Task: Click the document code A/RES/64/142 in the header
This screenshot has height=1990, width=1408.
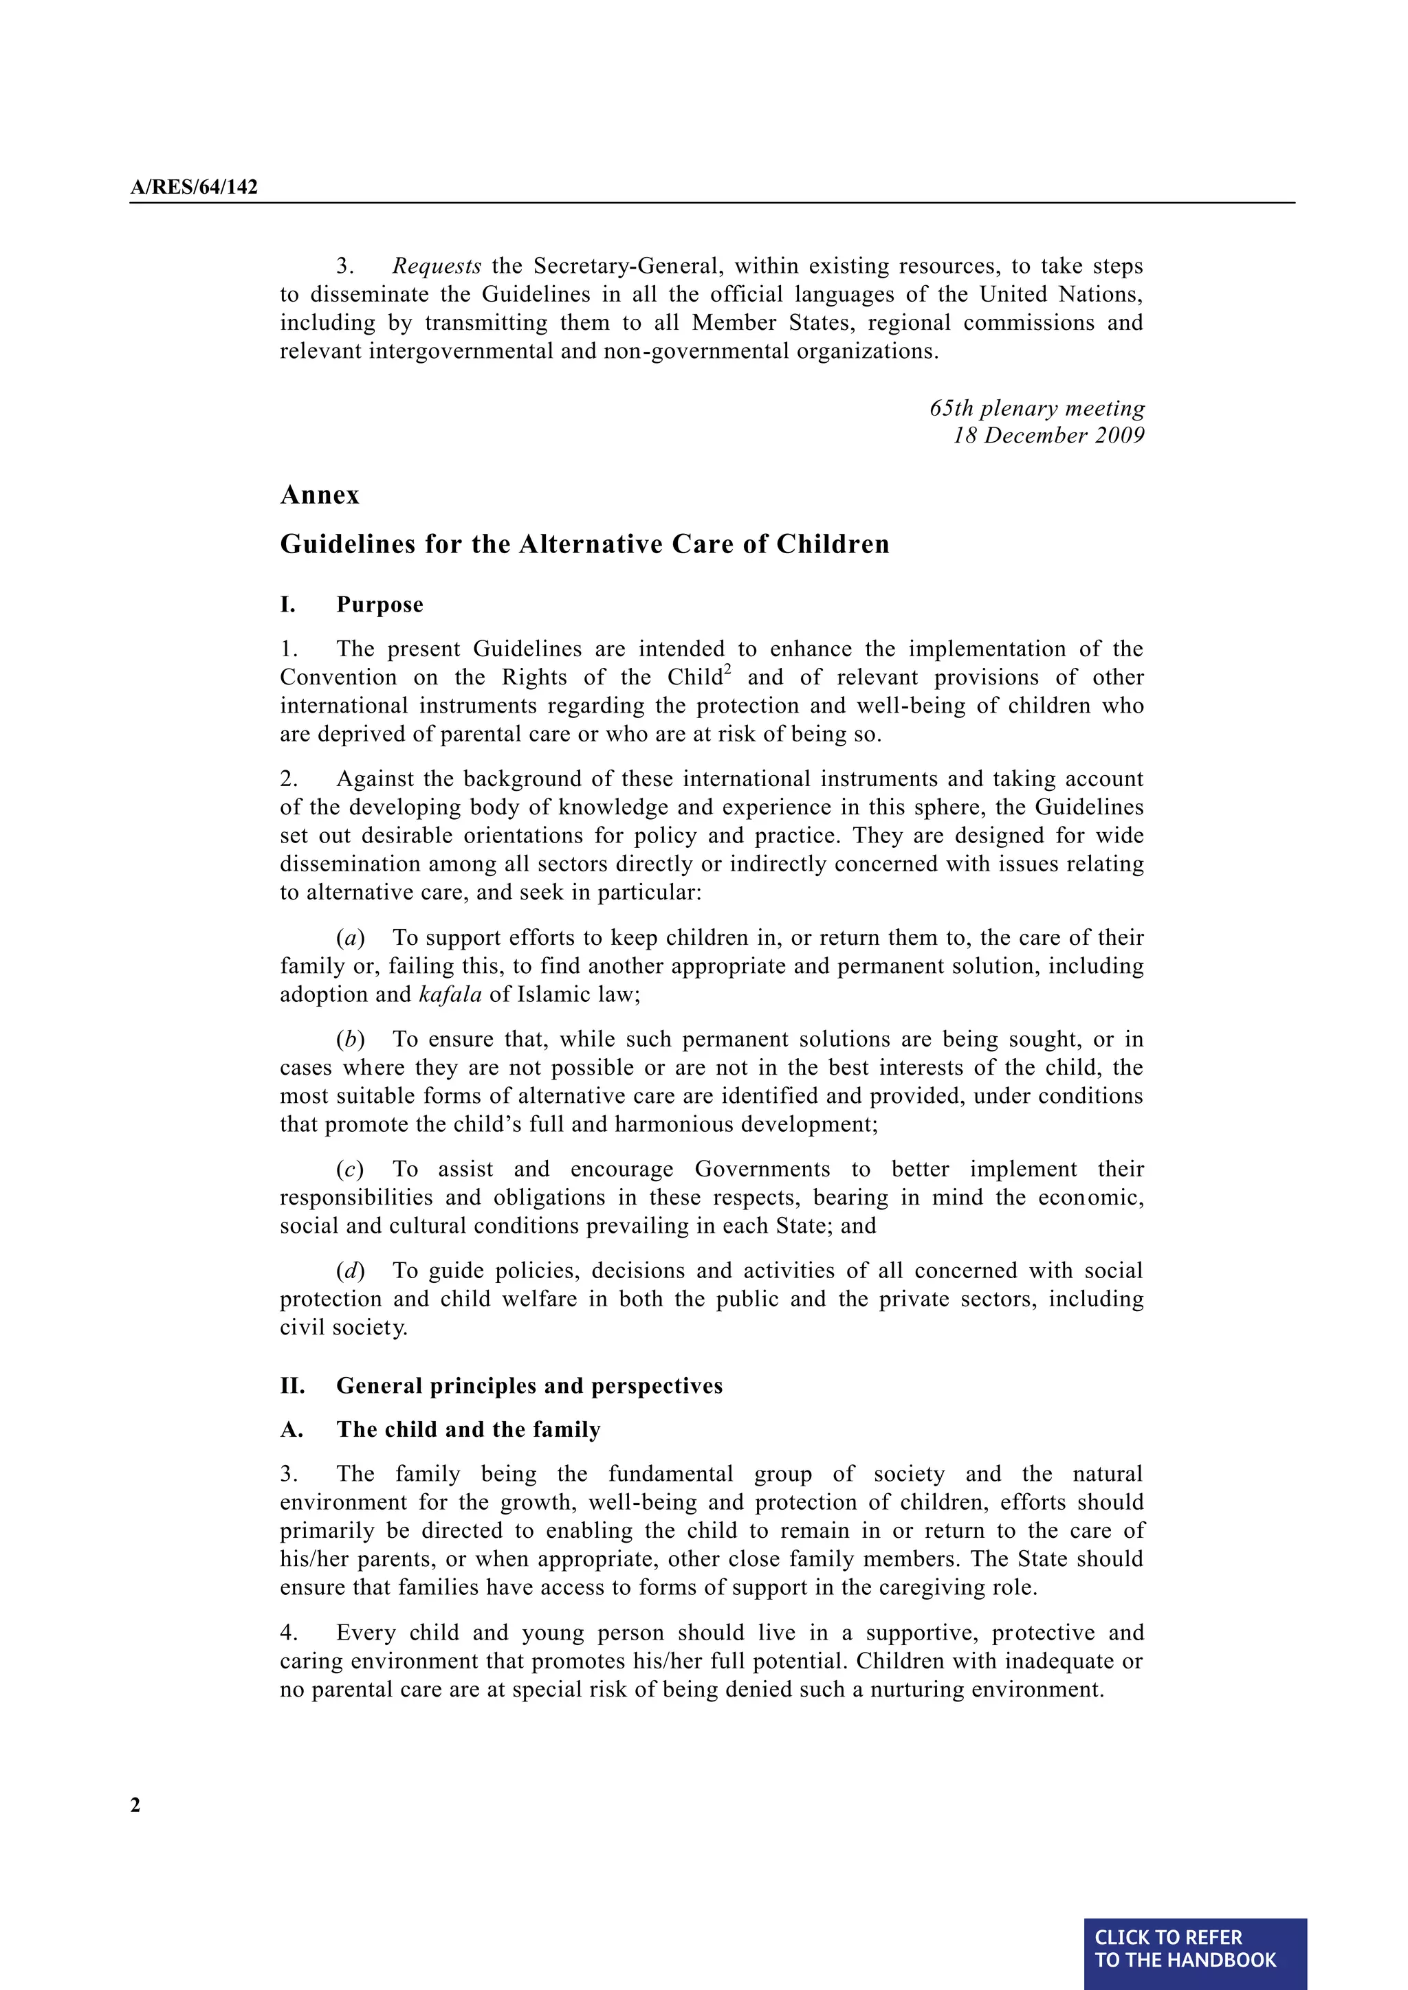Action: pyautogui.click(x=194, y=187)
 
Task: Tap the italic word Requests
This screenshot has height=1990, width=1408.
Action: pyautogui.click(x=436, y=266)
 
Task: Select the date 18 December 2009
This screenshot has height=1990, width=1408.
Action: pyautogui.click(x=1049, y=435)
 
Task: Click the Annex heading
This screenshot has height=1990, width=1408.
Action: pyautogui.click(x=319, y=495)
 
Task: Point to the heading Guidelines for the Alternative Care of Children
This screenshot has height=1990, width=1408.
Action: pyautogui.click(x=584, y=544)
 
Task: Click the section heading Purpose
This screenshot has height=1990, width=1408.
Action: pyautogui.click(x=379, y=604)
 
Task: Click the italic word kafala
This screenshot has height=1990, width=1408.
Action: pyautogui.click(x=450, y=994)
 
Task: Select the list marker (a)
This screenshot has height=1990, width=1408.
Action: pyautogui.click(x=350, y=938)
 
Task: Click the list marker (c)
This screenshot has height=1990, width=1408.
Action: pyautogui.click(x=350, y=1170)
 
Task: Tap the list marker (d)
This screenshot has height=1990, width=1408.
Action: pyautogui.click(x=350, y=1271)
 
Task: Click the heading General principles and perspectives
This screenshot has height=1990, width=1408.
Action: pyautogui.click(x=529, y=1386)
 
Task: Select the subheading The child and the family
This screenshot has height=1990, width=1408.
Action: pyautogui.click(x=468, y=1429)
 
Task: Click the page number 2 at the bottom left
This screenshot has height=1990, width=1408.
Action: pyautogui.click(x=135, y=1805)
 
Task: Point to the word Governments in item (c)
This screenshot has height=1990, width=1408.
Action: pyautogui.click(x=762, y=1170)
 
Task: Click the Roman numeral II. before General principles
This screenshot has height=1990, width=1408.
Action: pyautogui.click(x=292, y=1386)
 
